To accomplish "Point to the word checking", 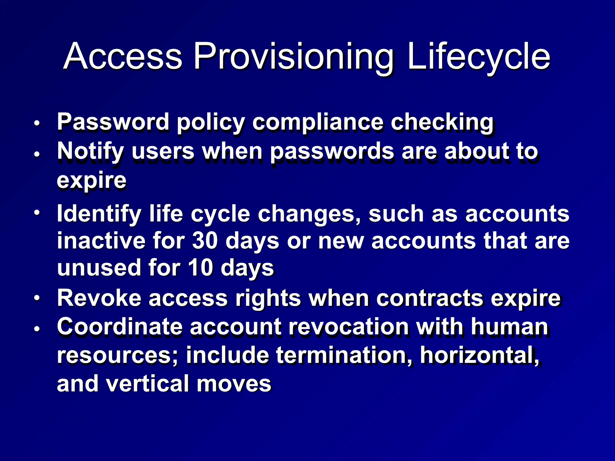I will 442,122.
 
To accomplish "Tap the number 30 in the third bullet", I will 204,241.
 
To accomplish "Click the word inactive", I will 101,241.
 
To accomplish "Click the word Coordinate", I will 120,327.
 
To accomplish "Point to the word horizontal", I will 479,355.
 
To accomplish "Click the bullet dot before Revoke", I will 37,298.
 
